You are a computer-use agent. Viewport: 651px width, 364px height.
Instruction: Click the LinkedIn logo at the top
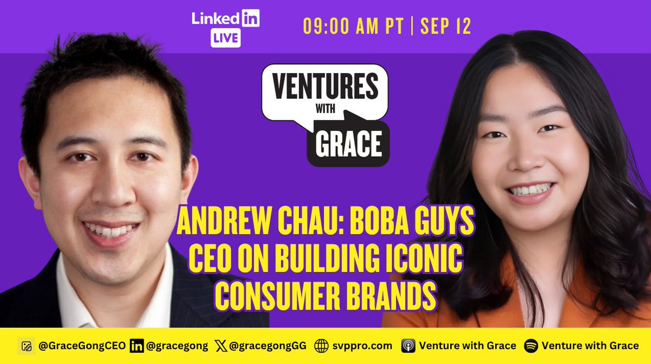225,18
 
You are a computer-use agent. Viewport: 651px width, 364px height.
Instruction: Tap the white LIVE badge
225,39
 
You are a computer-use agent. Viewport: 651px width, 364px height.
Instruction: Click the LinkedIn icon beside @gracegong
136,346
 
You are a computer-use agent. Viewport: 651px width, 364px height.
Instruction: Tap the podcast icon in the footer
408,346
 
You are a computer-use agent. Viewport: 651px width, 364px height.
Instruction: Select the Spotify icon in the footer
531,346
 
